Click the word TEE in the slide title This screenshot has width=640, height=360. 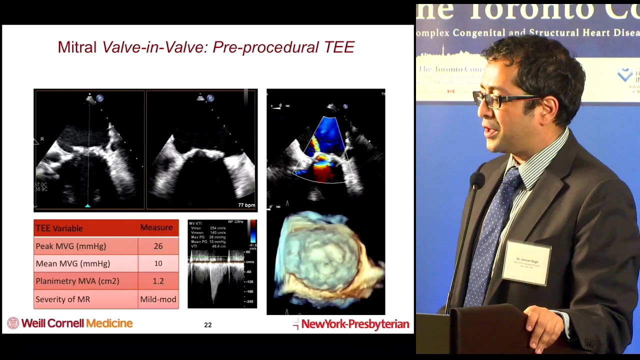[339, 47]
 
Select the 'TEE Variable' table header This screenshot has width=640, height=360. [59, 228]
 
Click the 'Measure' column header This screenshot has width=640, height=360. [156, 227]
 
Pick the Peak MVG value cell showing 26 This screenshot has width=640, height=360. [158, 246]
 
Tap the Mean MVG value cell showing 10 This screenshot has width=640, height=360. [158, 263]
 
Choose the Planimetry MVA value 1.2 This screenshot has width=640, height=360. [158, 281]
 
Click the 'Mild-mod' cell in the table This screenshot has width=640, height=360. [158, 299]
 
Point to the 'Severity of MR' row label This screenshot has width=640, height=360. [62, 299]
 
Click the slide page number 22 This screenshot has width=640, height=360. [208, 325]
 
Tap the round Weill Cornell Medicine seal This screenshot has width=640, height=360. [13, 323]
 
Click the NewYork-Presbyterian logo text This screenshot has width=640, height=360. [354, 324]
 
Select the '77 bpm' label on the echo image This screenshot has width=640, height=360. [246, 205]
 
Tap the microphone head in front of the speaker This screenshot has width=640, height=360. [476, 180]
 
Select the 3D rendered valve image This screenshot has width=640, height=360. [326, 260]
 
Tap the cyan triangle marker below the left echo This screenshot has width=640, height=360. [88, 205]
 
